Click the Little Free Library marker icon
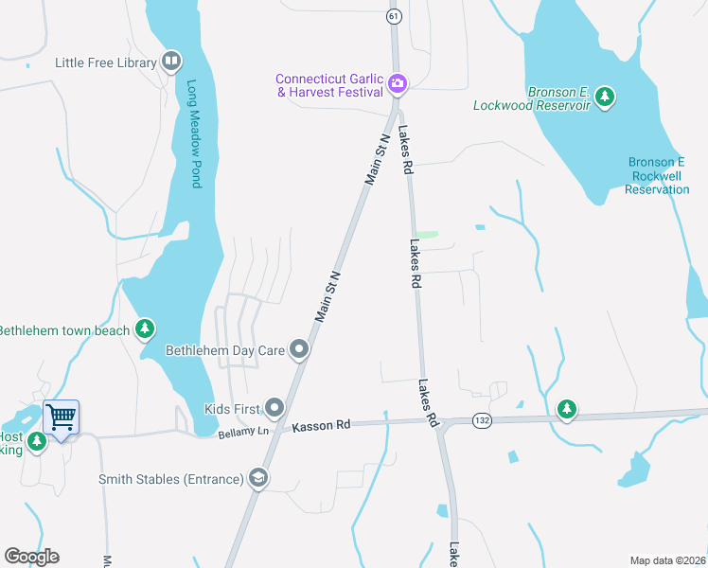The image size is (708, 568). [x=171, y=62]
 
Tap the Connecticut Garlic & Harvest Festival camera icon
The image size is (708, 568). [x=398, y=84]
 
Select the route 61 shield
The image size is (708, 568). [x=393, y=17]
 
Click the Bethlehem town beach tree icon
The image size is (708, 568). [x=144, y=329]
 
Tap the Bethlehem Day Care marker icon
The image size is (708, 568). [x=300, y=350]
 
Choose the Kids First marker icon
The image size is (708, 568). [x=275, y=409]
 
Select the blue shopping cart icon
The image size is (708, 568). [x=61, y=416]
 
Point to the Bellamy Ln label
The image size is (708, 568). [x=251, y=432]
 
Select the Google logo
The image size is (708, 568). [x=31, y=557]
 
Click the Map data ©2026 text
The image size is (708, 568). [x=666, y=560]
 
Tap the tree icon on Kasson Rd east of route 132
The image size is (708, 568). [x=566, y=409]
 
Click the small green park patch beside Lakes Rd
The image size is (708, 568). [x=428, y=235]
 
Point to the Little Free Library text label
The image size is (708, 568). [x=105, y=63]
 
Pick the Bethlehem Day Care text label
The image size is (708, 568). [x=225, y=350]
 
